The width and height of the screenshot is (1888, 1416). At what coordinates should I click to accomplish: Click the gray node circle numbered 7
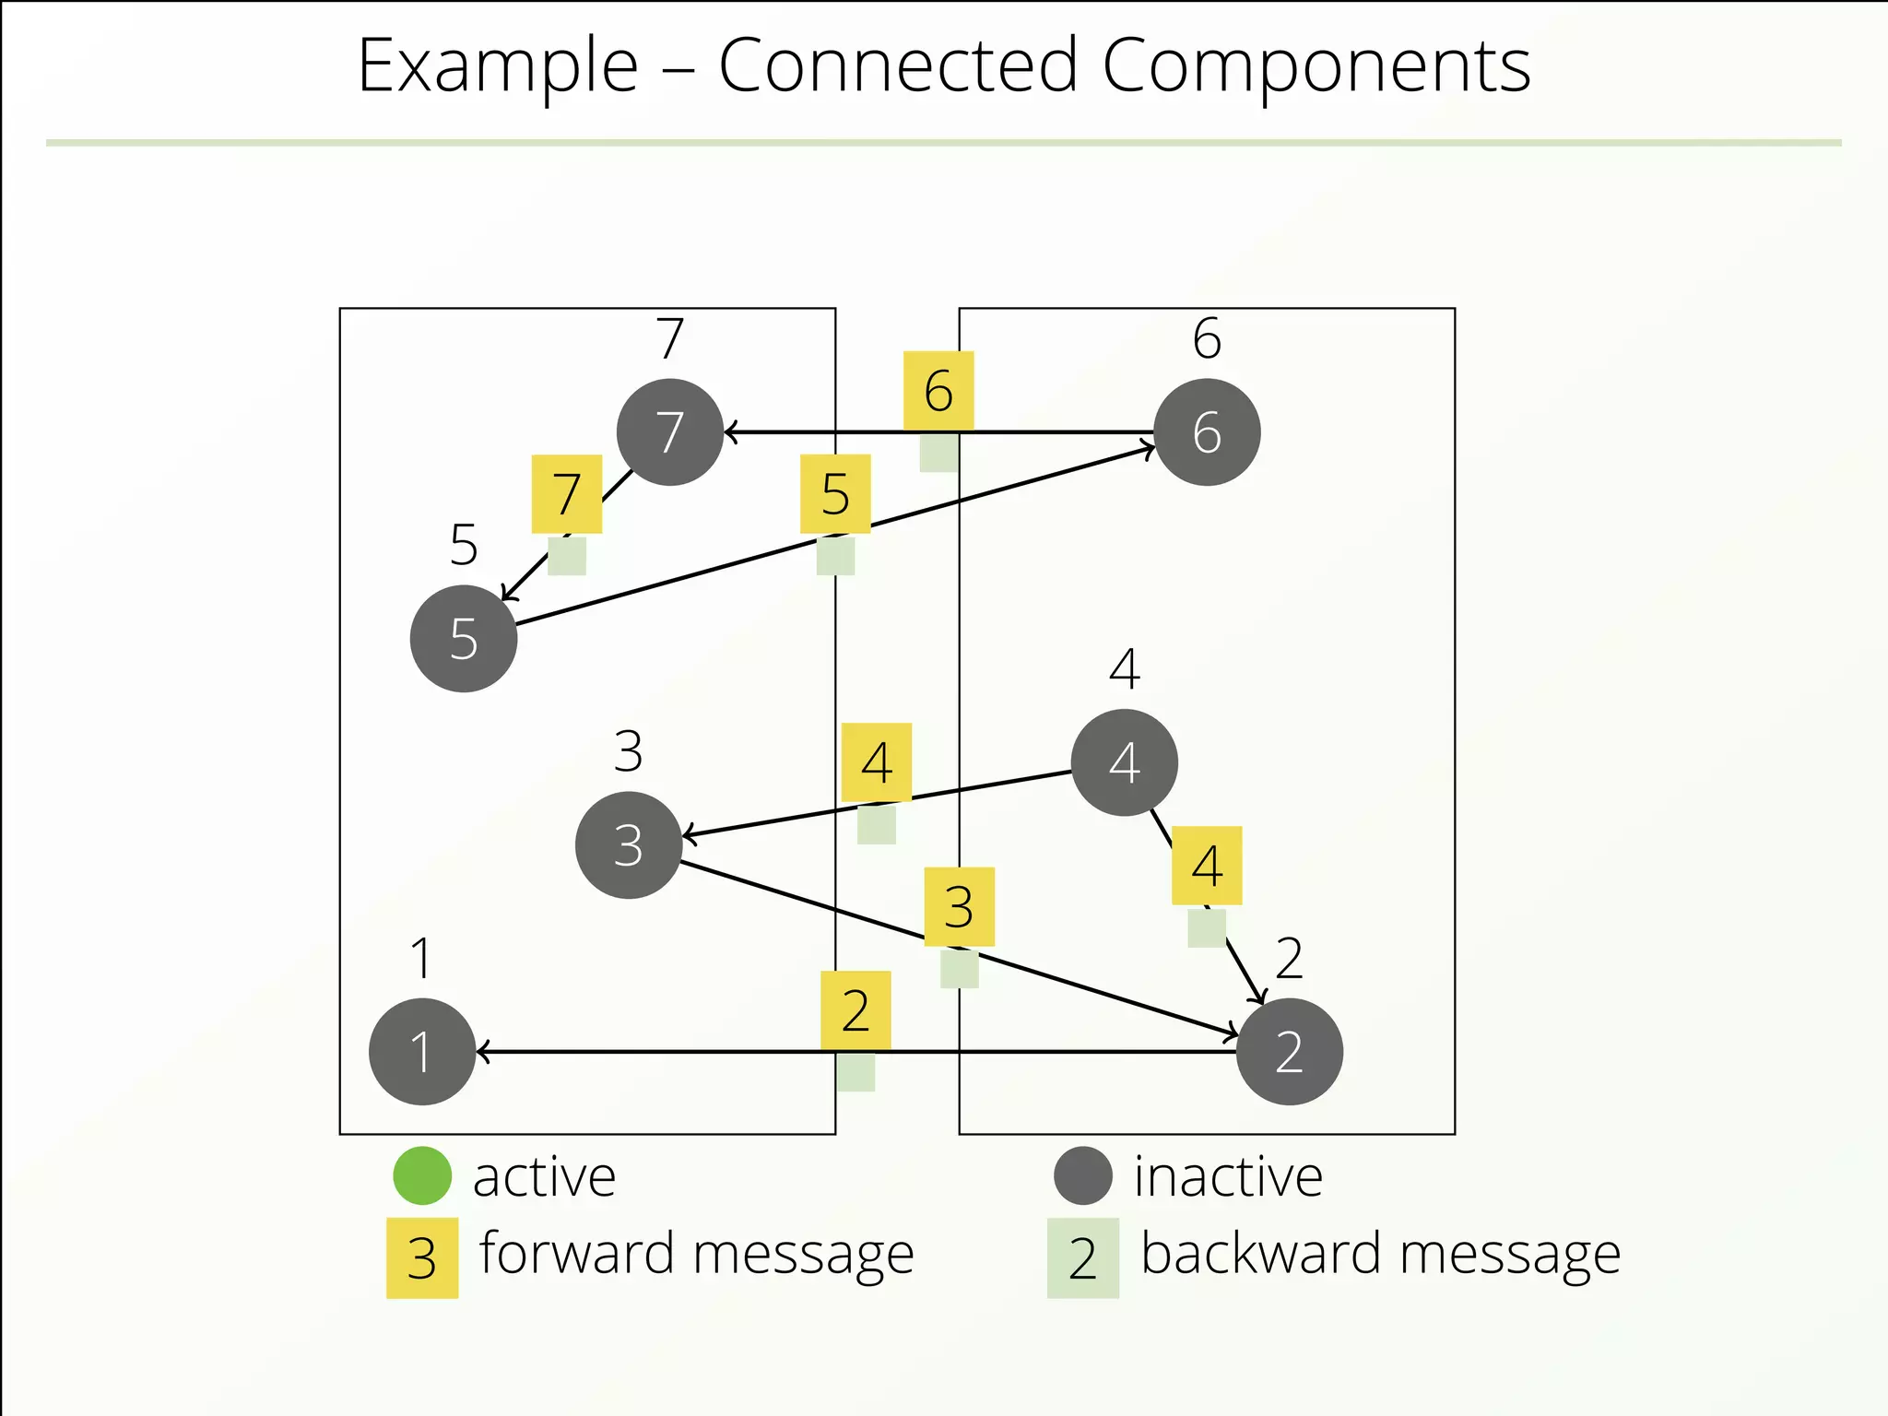click(670, 432)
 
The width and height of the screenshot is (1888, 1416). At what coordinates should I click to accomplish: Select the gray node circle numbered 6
click(1207, 432)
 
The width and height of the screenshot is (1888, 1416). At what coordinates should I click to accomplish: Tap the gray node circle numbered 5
click(464, 639)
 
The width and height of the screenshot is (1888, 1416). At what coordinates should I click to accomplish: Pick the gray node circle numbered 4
click(1124, 762)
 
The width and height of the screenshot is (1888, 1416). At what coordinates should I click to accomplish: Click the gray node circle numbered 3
click(629, 845)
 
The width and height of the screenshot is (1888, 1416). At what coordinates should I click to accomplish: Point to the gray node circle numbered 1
click(422, 1052)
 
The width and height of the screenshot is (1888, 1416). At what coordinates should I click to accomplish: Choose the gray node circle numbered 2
click(1289, 1052)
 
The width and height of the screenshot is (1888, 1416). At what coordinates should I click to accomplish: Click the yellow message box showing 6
click(938, 391)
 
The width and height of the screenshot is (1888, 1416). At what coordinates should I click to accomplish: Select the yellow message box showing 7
click(567, 494)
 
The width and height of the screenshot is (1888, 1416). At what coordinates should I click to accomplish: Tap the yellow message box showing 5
click(835, 494)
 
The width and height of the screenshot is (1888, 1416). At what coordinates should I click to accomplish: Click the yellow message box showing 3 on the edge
click(959, 907)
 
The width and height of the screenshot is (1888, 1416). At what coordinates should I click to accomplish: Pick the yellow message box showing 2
click(855, 1010)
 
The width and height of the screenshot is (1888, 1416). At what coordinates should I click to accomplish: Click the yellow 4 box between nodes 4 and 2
click(1207, 866)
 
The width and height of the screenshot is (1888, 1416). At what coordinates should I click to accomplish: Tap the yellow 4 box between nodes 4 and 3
click(877, 762)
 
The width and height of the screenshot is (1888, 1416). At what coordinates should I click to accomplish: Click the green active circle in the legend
click(422, 1175)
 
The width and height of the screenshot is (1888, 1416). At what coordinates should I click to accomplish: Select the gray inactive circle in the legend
click(1083, 1175)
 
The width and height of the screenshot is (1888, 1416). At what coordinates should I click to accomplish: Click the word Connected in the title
click(898, 66)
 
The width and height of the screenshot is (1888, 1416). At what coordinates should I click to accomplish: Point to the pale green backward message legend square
click(1083, 1258)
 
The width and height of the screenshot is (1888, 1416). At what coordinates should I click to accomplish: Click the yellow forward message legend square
click(422, 1258)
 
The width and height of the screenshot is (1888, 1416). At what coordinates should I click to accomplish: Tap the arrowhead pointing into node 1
click(483, 1052)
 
